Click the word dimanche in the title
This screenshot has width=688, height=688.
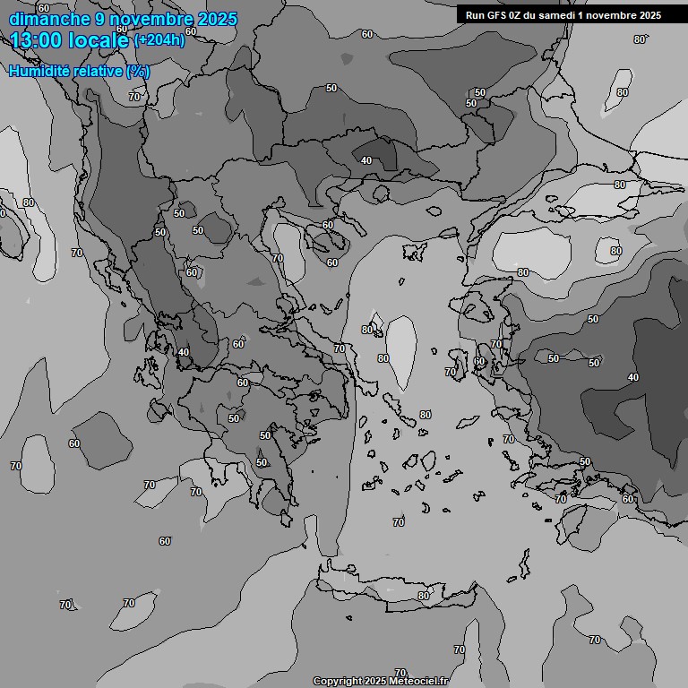coord(45,19)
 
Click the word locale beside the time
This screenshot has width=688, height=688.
coord(100,40)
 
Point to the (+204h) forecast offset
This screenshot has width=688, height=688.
coord(159,40)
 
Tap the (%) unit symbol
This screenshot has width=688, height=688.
coord(137,71)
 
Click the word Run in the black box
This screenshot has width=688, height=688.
coord(475,15)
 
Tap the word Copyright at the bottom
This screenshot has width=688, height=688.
coord(337,681)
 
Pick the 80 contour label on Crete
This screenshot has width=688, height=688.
coord(423,596)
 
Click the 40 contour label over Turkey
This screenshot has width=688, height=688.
coord(633,377)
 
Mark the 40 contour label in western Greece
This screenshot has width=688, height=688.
coord(183,352)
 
